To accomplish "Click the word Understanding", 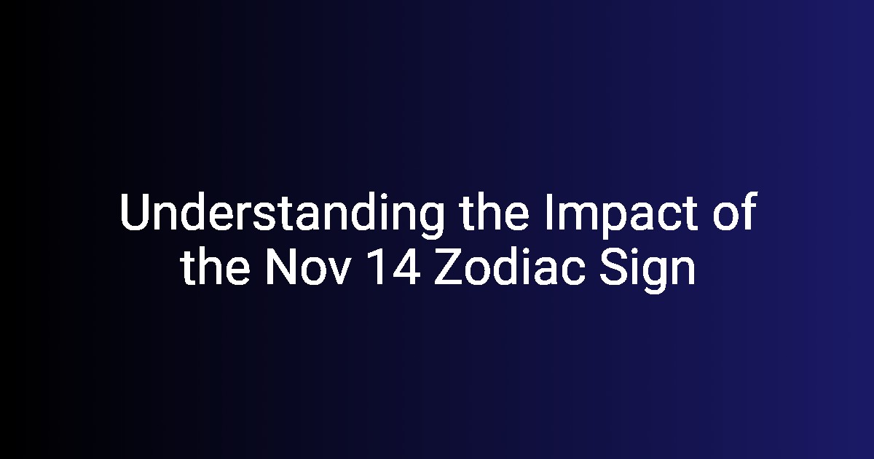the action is click(x=282, y=215).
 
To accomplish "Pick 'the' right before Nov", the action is click(x=215, y=265).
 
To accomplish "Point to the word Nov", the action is click(x=307, y=266).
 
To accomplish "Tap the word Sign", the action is click(x=647, y=270).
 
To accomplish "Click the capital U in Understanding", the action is click(x=135, y=212).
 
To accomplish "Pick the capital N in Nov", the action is click(x=280, y=266).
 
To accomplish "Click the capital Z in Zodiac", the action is click(x=449, y=266).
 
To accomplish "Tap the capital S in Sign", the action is click(x=614, y=266).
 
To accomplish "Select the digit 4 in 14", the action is click(x=406, y=266).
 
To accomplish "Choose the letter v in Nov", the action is click(x=336, y=271).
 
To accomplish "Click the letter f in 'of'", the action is click(x=750, y=211).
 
